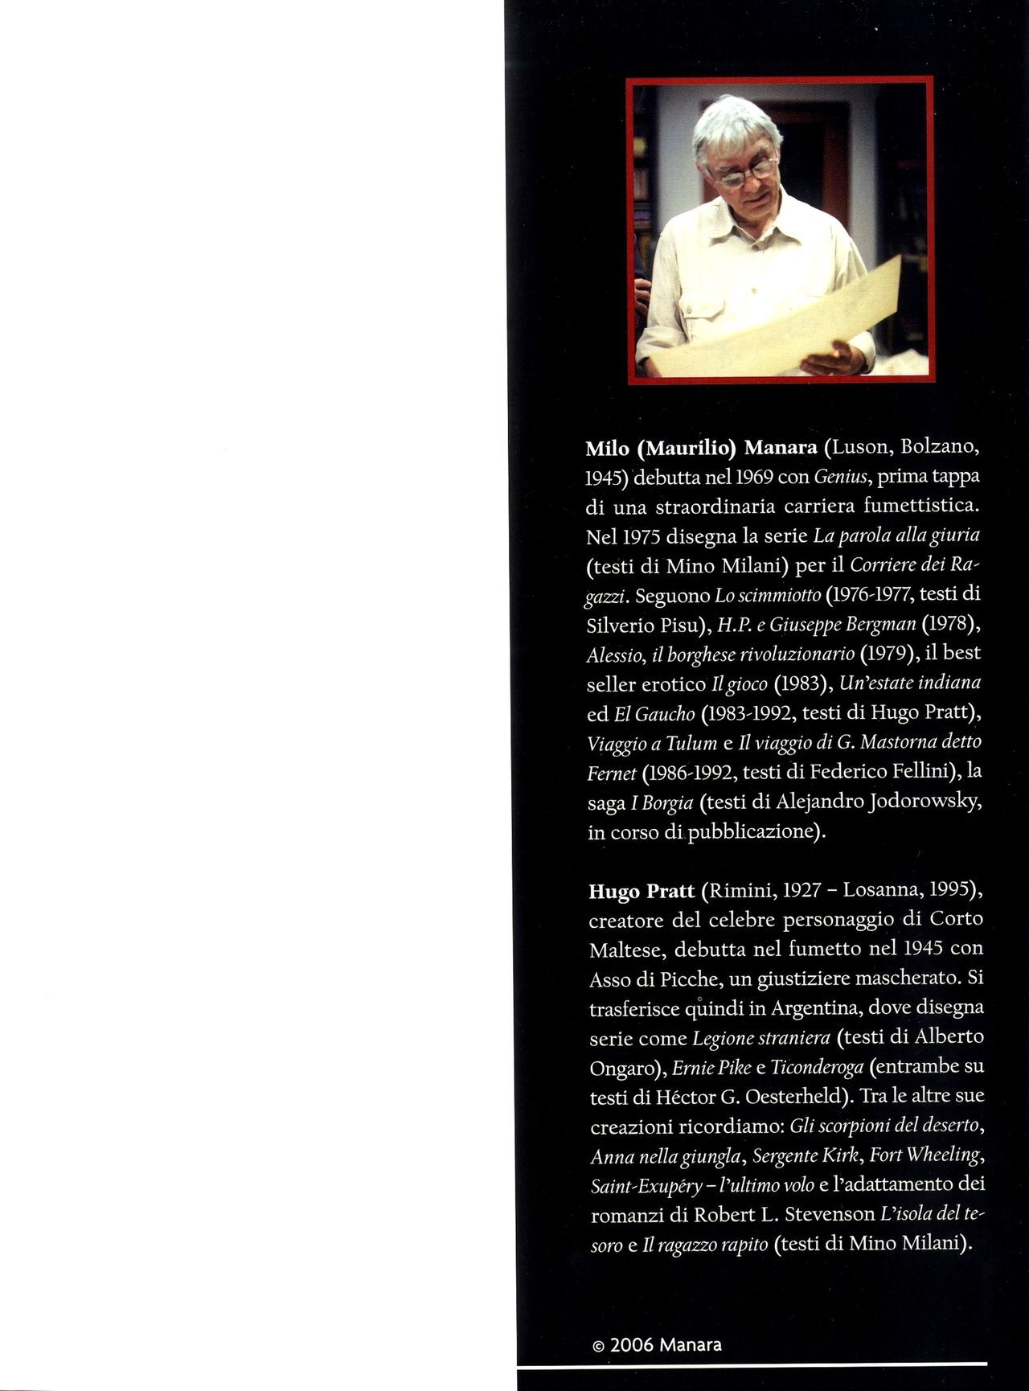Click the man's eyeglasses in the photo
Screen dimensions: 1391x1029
click(x=740, y=171)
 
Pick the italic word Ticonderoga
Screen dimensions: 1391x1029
click(x=818, y=1068)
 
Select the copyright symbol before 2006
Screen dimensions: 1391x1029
click(x=597, y=1345)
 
